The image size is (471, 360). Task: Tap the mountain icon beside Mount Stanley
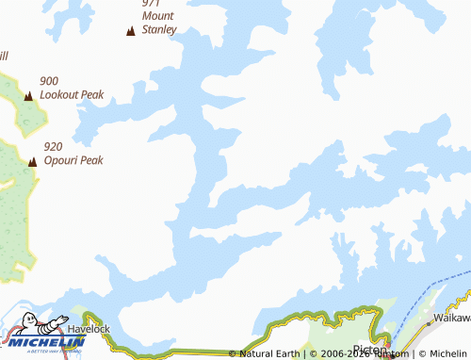130,31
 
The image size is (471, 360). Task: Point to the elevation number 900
49,81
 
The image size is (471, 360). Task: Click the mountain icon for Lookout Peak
28,95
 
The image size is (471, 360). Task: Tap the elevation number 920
53,146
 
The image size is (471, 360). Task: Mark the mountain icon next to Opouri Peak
33,161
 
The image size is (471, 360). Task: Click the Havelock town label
89,329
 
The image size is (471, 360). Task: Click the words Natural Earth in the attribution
269,354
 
